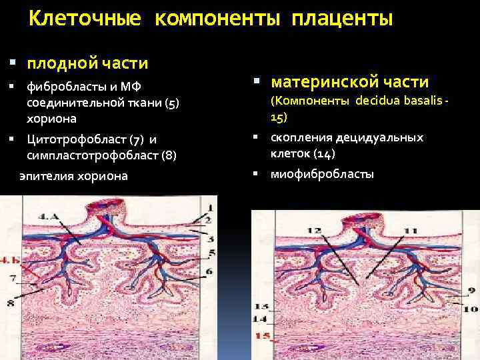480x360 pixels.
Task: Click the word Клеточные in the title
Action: coord(85,19)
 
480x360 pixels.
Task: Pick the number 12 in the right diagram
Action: coord(315,231)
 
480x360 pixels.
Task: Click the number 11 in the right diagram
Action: coord(410,231)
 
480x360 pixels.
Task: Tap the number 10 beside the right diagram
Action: coord(471,309)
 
